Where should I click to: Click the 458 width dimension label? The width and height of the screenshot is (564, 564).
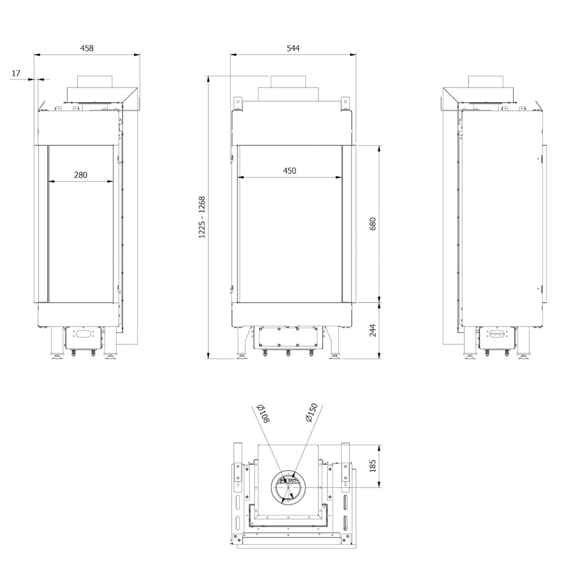pos(87,49)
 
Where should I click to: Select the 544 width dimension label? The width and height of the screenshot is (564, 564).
pos(293,49)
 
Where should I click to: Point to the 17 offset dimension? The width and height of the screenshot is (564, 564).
pos(16,73)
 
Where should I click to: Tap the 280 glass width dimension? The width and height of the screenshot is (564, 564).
pos(81,175)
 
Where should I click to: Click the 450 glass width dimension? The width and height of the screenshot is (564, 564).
pos(289,171)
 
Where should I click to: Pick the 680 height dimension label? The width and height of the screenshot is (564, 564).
pos(372,223)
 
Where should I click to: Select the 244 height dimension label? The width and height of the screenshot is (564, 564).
pos(372,330)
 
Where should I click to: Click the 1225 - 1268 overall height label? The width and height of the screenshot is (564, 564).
pos(202,217)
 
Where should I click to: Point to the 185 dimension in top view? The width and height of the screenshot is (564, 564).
pos(372,466)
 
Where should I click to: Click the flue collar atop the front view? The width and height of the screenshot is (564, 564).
pos(289,82)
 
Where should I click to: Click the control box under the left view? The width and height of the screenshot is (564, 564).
pos(82,338)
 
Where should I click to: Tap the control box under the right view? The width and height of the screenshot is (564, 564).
pos(497,337)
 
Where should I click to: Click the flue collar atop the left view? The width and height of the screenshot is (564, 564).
pos(95,82)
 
